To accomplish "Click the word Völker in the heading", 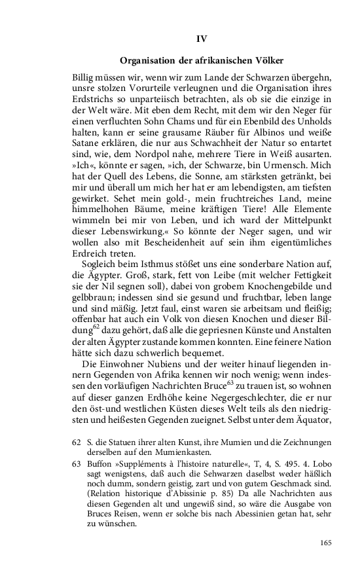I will [x=270, y=62].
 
